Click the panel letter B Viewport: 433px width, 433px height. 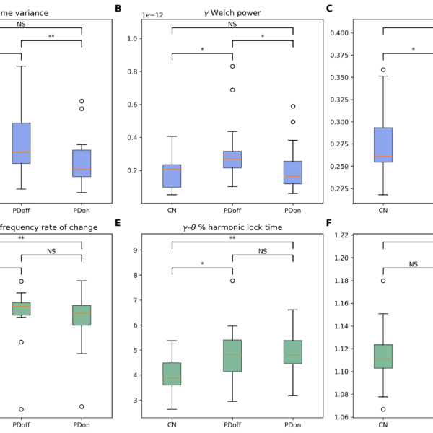coord(118,9)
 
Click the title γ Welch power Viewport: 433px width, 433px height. coord(232,12)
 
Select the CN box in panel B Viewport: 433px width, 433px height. coord(172,176)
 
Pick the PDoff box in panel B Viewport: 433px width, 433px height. coord(232,159)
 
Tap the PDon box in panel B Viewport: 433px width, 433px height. coord(293,172)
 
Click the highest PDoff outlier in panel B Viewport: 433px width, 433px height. coord(232,66)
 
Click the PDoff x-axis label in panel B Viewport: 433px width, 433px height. coord(232,211)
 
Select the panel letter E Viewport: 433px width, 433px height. coord(118,224)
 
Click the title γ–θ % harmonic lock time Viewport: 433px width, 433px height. coord(232,228)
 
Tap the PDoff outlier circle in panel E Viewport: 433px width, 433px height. coord(232,281)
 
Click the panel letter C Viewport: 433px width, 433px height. coord(330,9)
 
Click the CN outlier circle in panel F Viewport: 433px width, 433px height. coord(383,281)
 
